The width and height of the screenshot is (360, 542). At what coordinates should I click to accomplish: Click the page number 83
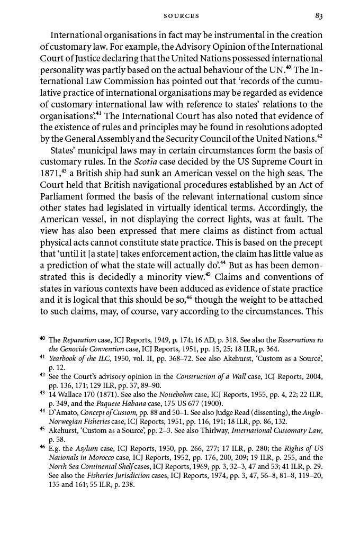coord(318,16)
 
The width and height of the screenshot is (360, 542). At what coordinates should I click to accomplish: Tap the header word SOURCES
coord(181,16)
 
